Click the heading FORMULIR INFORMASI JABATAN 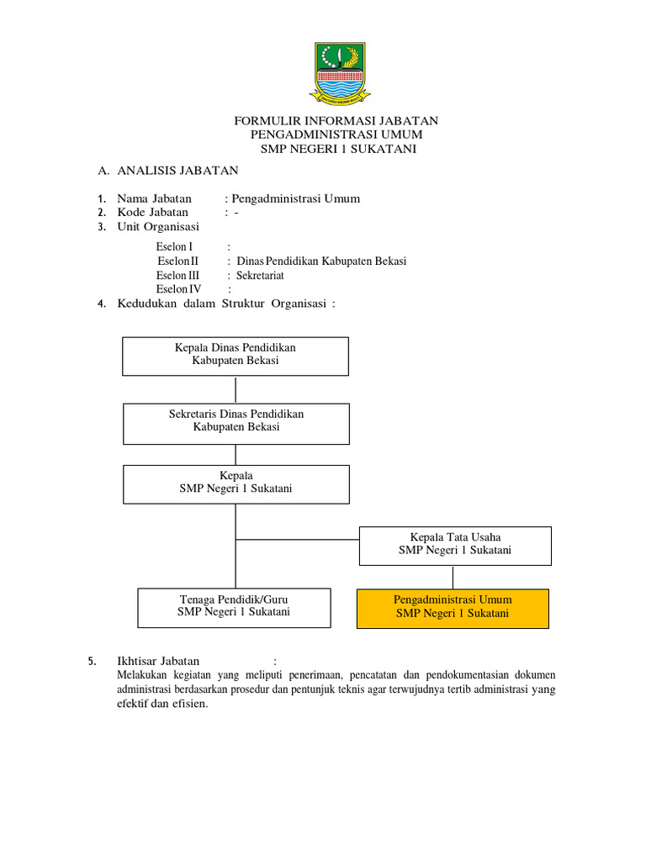[x=336, y=121]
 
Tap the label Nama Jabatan [x=155, y=198]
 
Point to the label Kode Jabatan [x=153, y=213]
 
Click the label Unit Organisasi [x=158, y=227]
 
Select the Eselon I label [x=175, y=247]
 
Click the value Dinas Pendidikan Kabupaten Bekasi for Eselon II [x=321, y=261]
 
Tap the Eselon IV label [x=179, y=289]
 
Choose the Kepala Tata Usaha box [x=455, y=546]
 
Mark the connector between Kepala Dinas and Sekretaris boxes [x=236, y=389]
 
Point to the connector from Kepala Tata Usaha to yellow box [x=453, y=577]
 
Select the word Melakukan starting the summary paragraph [x=143, y=675]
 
